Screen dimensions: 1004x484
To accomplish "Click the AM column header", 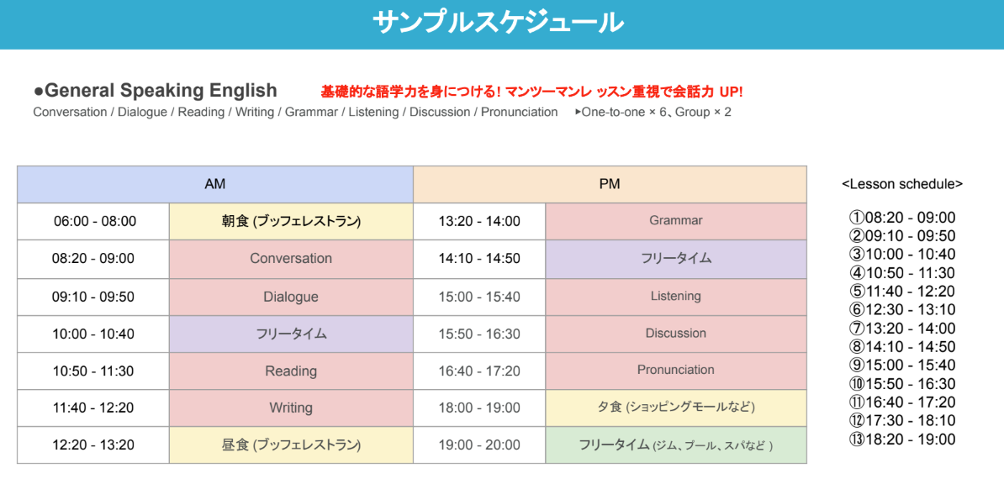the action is pos(215,184).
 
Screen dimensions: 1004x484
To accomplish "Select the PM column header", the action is pos(610,184).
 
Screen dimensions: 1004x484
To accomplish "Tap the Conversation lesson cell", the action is pos(291,260).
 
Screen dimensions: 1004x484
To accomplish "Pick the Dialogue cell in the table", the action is pos(291,297).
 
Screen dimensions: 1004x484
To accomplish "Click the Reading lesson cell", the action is pos(291,371).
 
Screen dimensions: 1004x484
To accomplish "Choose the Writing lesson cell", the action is pos(291,408).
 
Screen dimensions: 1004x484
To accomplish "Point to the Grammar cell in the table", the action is pos(676,221).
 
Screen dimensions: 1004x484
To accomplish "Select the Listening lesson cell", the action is pos(676,297).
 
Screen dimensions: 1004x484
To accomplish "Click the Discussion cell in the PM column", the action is pos(676,334).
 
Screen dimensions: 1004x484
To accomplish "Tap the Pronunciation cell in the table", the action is pos(676,371).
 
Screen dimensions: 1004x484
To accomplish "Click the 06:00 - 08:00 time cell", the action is pos(93,222).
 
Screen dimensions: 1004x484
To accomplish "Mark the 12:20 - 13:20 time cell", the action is pos(93,445).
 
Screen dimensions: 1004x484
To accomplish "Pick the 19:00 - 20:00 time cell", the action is pos(479,445).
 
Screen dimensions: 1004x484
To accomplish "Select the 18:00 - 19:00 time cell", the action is pos(479,408).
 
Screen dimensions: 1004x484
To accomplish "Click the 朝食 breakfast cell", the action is pos(291,222).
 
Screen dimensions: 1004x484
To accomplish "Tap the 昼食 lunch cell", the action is pos(291,445).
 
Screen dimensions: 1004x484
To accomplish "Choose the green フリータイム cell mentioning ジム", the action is pos(676,445).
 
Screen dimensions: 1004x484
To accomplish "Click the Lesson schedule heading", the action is pos(902,184).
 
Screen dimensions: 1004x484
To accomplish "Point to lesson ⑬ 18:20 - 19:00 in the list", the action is pos(902,439).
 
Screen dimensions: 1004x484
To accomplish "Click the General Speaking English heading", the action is pos(156,90).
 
